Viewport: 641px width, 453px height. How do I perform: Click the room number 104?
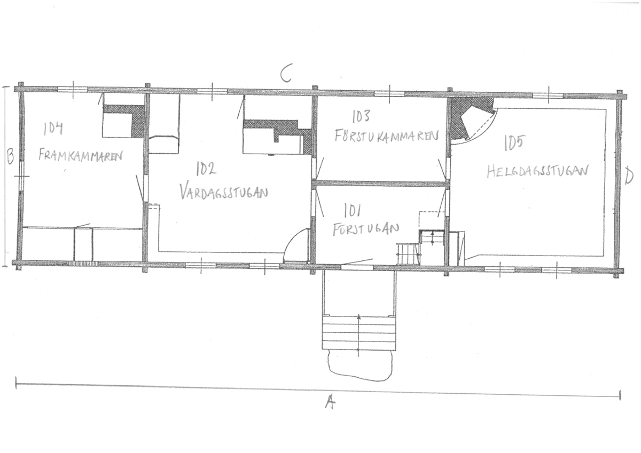[53, 129]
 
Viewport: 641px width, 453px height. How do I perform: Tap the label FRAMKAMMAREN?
[81, 155]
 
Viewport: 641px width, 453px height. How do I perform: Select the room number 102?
[206, 168]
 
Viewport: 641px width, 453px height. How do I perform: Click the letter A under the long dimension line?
[330, 402]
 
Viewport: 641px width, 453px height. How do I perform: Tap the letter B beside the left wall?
[10, 156]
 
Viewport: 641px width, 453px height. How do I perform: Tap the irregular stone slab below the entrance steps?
[360, 365]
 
